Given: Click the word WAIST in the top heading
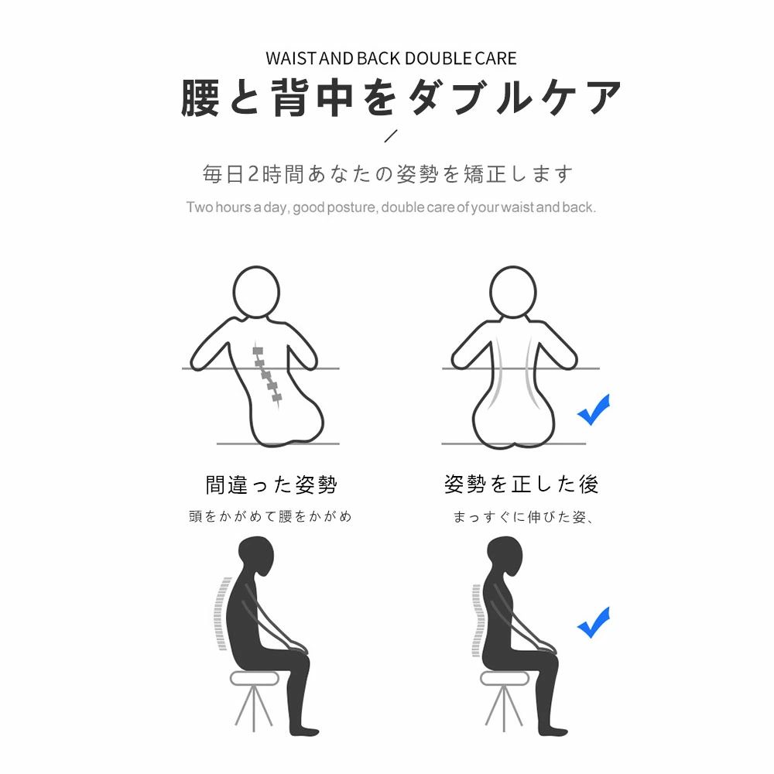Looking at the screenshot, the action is (291, 58).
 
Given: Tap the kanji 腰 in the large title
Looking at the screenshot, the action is (200, 98).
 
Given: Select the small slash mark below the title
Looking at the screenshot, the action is (390, 135).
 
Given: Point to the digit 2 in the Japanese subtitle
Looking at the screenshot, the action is (253, 174).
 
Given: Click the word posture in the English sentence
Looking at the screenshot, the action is (352, 207).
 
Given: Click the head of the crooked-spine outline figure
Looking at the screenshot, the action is (256, 293).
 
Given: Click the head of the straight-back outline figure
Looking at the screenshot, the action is (513, 293).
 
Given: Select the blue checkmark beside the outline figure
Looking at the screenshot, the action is (594, 409).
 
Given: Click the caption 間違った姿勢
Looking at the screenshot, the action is (271, 485).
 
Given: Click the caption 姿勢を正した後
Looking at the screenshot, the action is (521, 485).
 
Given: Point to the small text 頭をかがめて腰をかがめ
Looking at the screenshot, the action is (270, 516).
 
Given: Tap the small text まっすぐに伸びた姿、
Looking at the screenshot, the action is (523, 517).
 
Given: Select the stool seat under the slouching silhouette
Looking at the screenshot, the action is (255, 678).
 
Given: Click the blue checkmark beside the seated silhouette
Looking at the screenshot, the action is (594, 622).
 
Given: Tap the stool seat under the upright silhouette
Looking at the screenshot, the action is (505, 678).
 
